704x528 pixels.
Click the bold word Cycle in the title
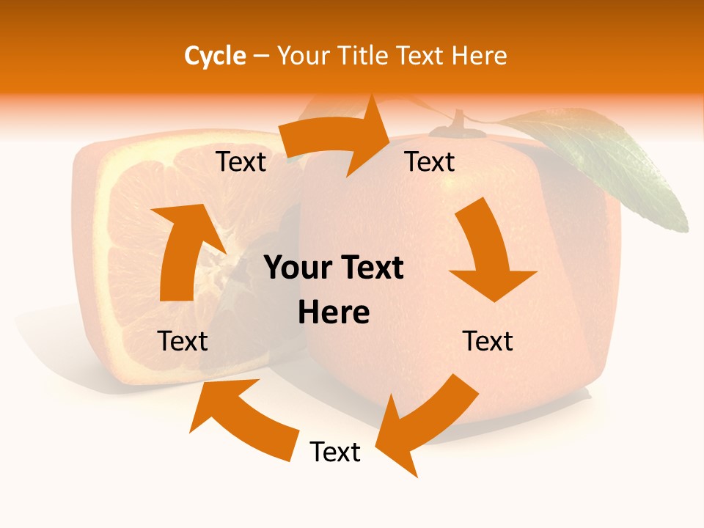(215, 56)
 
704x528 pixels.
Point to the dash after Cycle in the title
(262, 56)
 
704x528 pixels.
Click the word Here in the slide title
(477, 56)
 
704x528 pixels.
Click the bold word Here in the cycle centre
(334, 313)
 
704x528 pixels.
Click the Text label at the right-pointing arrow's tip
(430, 161)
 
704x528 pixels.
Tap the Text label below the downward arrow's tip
(488, 341)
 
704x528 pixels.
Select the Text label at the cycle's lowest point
(335, 452)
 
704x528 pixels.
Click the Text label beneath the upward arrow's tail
(183, 341)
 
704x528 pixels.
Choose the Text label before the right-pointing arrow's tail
(241, 161)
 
